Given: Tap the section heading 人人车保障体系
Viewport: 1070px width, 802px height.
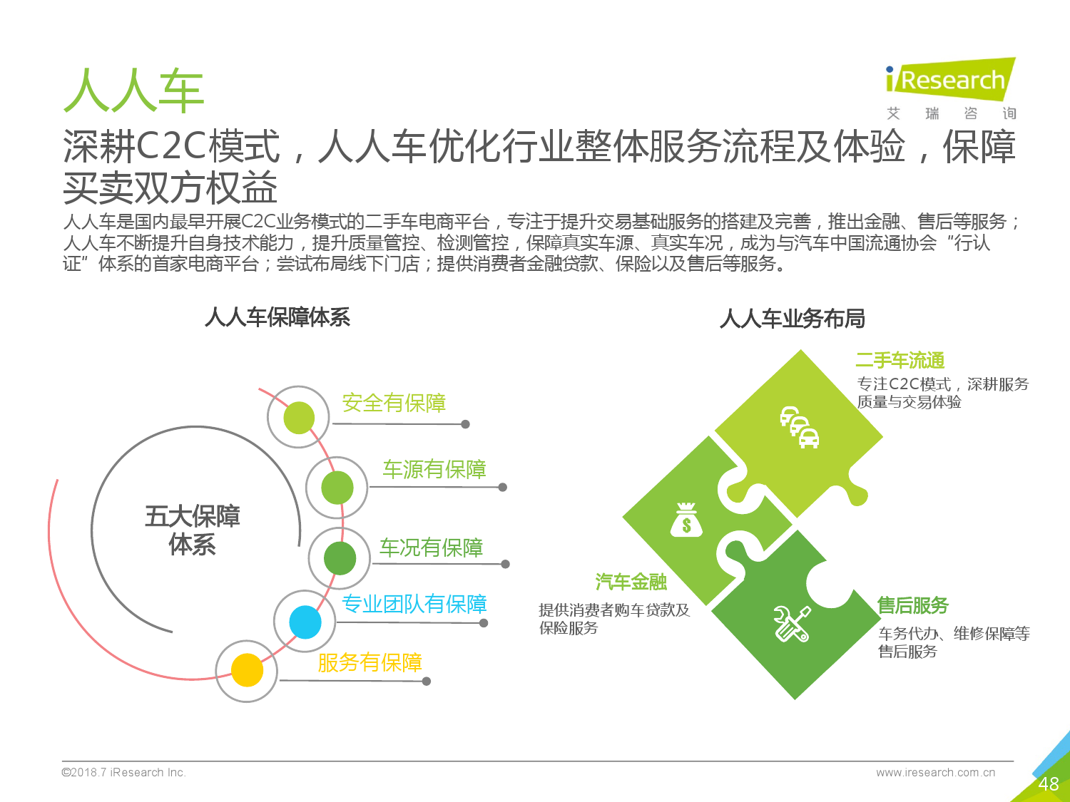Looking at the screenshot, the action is tap(277, 317).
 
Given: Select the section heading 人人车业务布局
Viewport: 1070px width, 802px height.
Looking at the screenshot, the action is tap(792, 319).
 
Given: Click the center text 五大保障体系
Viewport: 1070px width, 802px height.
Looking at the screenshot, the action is tap(192, 530).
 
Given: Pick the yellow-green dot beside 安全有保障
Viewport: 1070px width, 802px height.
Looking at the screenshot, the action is tap(299, 417).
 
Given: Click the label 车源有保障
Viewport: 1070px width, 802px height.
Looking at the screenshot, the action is tap(434, 469).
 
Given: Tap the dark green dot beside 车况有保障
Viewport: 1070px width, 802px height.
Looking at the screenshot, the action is tap(340, 558).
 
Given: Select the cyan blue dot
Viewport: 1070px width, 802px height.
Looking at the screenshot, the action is tap(305, 622).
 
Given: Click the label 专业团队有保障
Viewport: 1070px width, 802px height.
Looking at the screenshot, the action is tap(414, 604).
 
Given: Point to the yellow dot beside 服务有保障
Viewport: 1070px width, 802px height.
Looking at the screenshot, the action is tap(247, 670).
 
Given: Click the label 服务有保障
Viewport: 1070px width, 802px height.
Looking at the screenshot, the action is tap(370, 663).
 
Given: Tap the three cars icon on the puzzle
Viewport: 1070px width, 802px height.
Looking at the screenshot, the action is tap(800, 427).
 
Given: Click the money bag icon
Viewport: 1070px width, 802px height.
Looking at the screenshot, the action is tap(686, 520).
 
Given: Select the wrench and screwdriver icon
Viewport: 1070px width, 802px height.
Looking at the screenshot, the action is tap(792, 624).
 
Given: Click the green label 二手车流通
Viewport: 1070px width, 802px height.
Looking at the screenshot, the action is tap(900, 361).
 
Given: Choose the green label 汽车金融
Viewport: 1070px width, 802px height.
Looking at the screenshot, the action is tap(631, 582).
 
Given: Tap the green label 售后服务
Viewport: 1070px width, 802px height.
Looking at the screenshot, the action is tap(912, 605).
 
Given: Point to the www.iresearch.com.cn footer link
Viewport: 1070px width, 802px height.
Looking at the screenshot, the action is tap(935, 772).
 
